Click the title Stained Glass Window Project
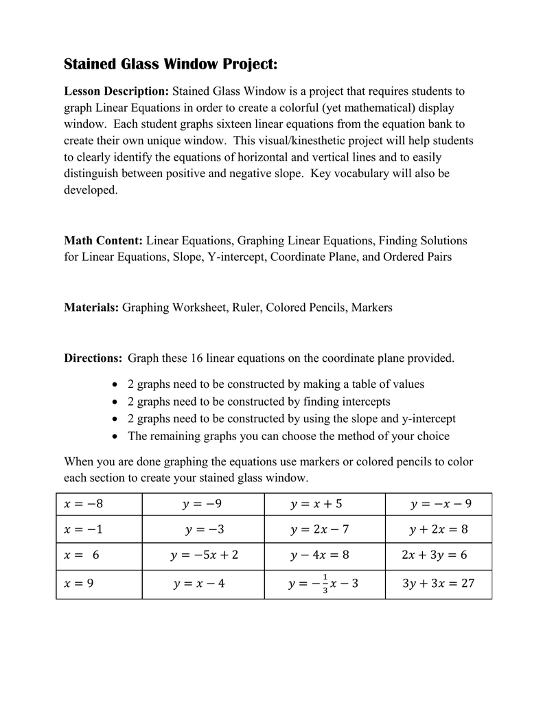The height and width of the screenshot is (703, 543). [171, 65]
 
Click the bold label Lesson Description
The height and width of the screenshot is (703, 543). [116, 91]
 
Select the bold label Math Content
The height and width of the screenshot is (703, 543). [103, 240]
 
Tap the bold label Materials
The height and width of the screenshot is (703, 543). [91, 308]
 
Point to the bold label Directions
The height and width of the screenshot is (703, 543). [93, 358]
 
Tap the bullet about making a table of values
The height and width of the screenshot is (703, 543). [275, 384]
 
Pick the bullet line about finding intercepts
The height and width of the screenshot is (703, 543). [259, 402]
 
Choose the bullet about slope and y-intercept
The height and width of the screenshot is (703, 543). [291, 419]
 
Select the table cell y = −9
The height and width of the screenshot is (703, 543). [203, 505]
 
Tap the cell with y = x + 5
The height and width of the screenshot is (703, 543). [316, 505]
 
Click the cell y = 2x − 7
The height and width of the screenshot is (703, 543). [320, 530]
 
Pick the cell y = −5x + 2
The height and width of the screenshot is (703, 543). [205, 555]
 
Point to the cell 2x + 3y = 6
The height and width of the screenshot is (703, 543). [434, 555]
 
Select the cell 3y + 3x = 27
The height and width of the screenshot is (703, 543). [438, 584]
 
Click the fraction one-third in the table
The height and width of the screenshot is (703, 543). [325, 584]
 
